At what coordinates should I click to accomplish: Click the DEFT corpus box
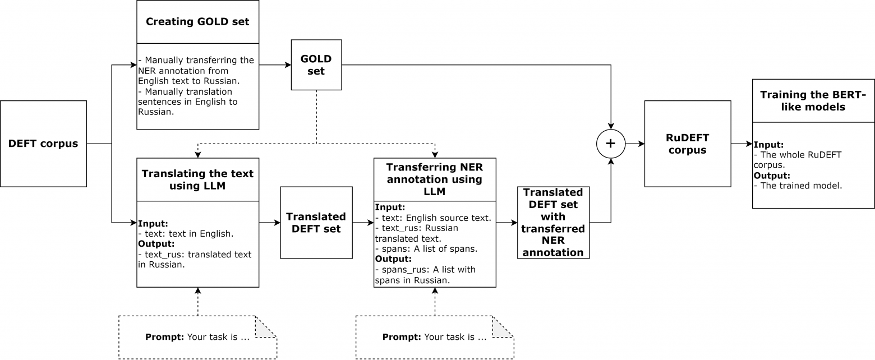(43, 144)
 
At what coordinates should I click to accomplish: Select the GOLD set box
(316, 65)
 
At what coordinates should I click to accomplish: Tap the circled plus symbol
(611, 144)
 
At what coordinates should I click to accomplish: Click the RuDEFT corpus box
(688, 144)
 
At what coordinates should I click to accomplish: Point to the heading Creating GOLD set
(197, 22)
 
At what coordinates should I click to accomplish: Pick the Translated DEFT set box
(316, 223)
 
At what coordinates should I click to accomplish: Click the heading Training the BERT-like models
(813, 101)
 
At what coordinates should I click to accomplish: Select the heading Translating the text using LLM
(197, 179)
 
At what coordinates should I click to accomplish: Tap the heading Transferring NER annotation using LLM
(435, 179)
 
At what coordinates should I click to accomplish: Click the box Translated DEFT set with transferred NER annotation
(554, 223)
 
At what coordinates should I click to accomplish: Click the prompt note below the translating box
(197, 337)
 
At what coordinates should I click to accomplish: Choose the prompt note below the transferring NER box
(435, 337)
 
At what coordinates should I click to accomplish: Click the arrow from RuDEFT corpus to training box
(742, 144)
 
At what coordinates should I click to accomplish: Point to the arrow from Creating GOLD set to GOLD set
(275, 65)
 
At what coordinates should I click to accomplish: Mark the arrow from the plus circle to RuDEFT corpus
(635, 144)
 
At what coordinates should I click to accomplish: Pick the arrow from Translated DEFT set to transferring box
(363, 223)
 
